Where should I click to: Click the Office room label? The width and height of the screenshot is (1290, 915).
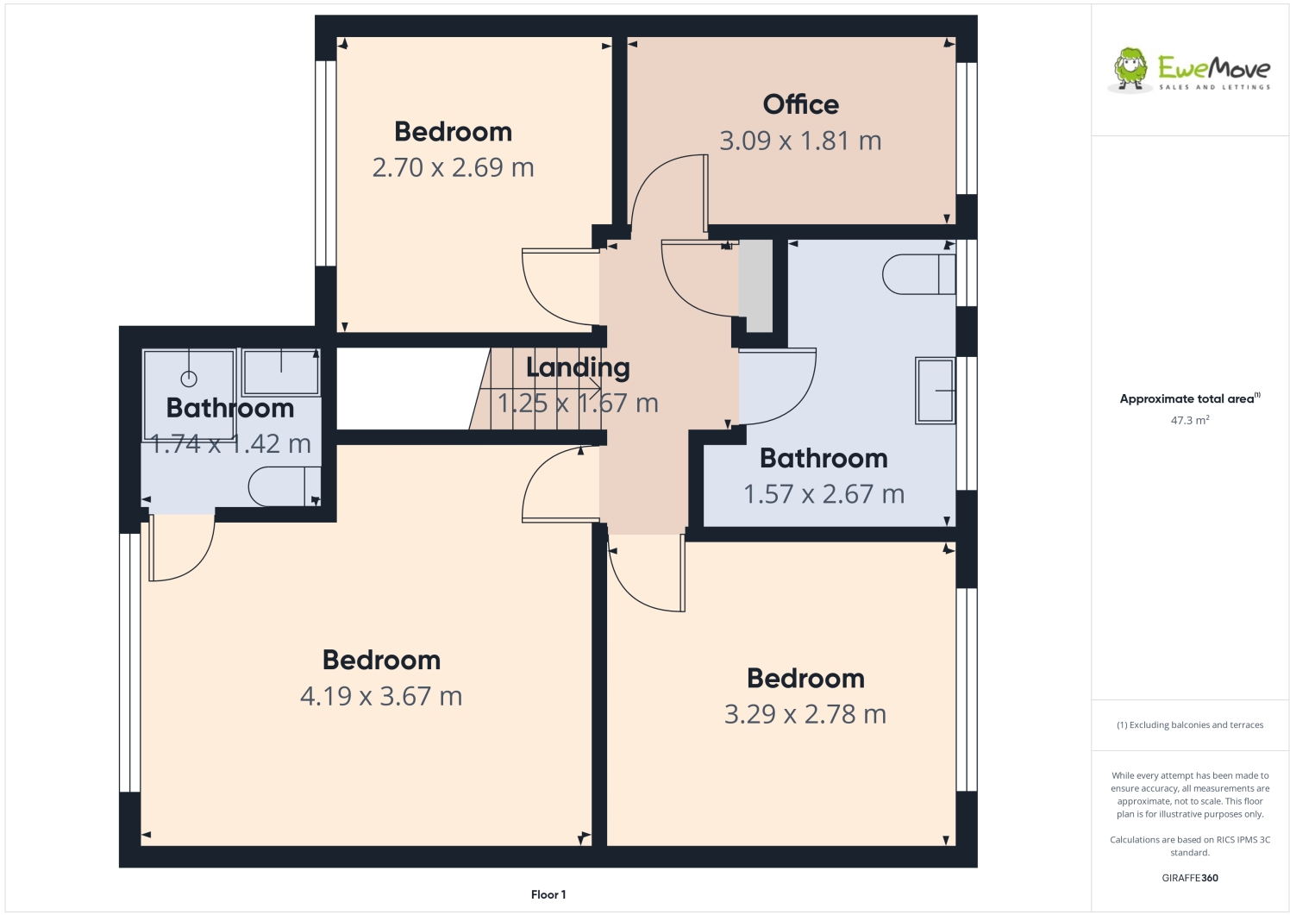click(x=800, y=104)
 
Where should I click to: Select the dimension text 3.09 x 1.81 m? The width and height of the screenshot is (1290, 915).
click(x=800, y=141)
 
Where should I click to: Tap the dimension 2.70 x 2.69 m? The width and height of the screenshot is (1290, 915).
click(x=453, y=167)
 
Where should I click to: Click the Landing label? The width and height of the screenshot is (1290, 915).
click(x=578, y=367)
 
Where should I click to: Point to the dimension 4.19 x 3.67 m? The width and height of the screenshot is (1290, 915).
click(x=381, y=696)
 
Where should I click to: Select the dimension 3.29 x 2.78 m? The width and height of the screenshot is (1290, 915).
click(x=805, y=714)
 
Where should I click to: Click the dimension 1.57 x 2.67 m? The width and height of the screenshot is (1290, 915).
click(x=823, y=494)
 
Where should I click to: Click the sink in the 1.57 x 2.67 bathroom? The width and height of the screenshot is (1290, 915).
click(x=935, y=391)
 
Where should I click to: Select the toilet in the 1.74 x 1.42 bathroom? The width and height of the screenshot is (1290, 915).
click(x=284, y=486)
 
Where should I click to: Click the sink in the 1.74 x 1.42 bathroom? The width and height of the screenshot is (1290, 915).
click(x=281, y=372)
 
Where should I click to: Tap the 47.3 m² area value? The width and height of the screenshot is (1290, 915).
click(x=1189, y=421)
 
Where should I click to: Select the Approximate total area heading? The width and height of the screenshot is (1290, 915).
click(x=1188, y=398)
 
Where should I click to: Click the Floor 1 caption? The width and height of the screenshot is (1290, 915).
click(x=548, y=894)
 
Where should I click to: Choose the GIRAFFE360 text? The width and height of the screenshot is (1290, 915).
click(x=1189, y=878)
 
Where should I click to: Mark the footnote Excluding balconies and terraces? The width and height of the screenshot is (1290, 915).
click(x=1190, y=725)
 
